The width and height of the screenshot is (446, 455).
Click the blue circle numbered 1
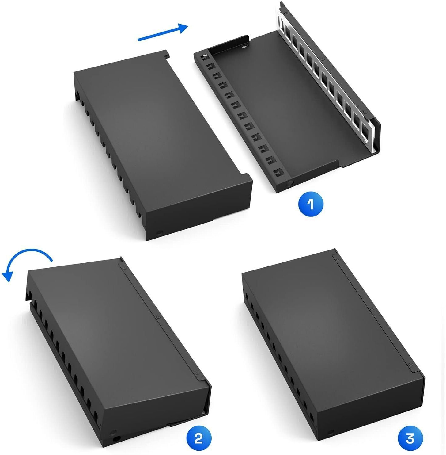click(311, 204)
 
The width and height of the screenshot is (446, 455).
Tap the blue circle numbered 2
click(198, 438)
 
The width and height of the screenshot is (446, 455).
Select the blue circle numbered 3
click(410, 438)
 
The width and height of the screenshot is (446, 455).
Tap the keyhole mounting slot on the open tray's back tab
click(245, 46)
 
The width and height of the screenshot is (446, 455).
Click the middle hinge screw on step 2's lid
click(158, 317)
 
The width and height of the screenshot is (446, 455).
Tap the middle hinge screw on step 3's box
click(371, 308)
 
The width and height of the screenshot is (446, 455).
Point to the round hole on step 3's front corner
click(330, 433)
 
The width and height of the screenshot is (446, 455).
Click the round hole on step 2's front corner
click(114, 434)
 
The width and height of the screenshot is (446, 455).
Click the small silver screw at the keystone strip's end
click(366, 142)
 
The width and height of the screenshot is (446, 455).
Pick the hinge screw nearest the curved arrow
click(124, 268)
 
